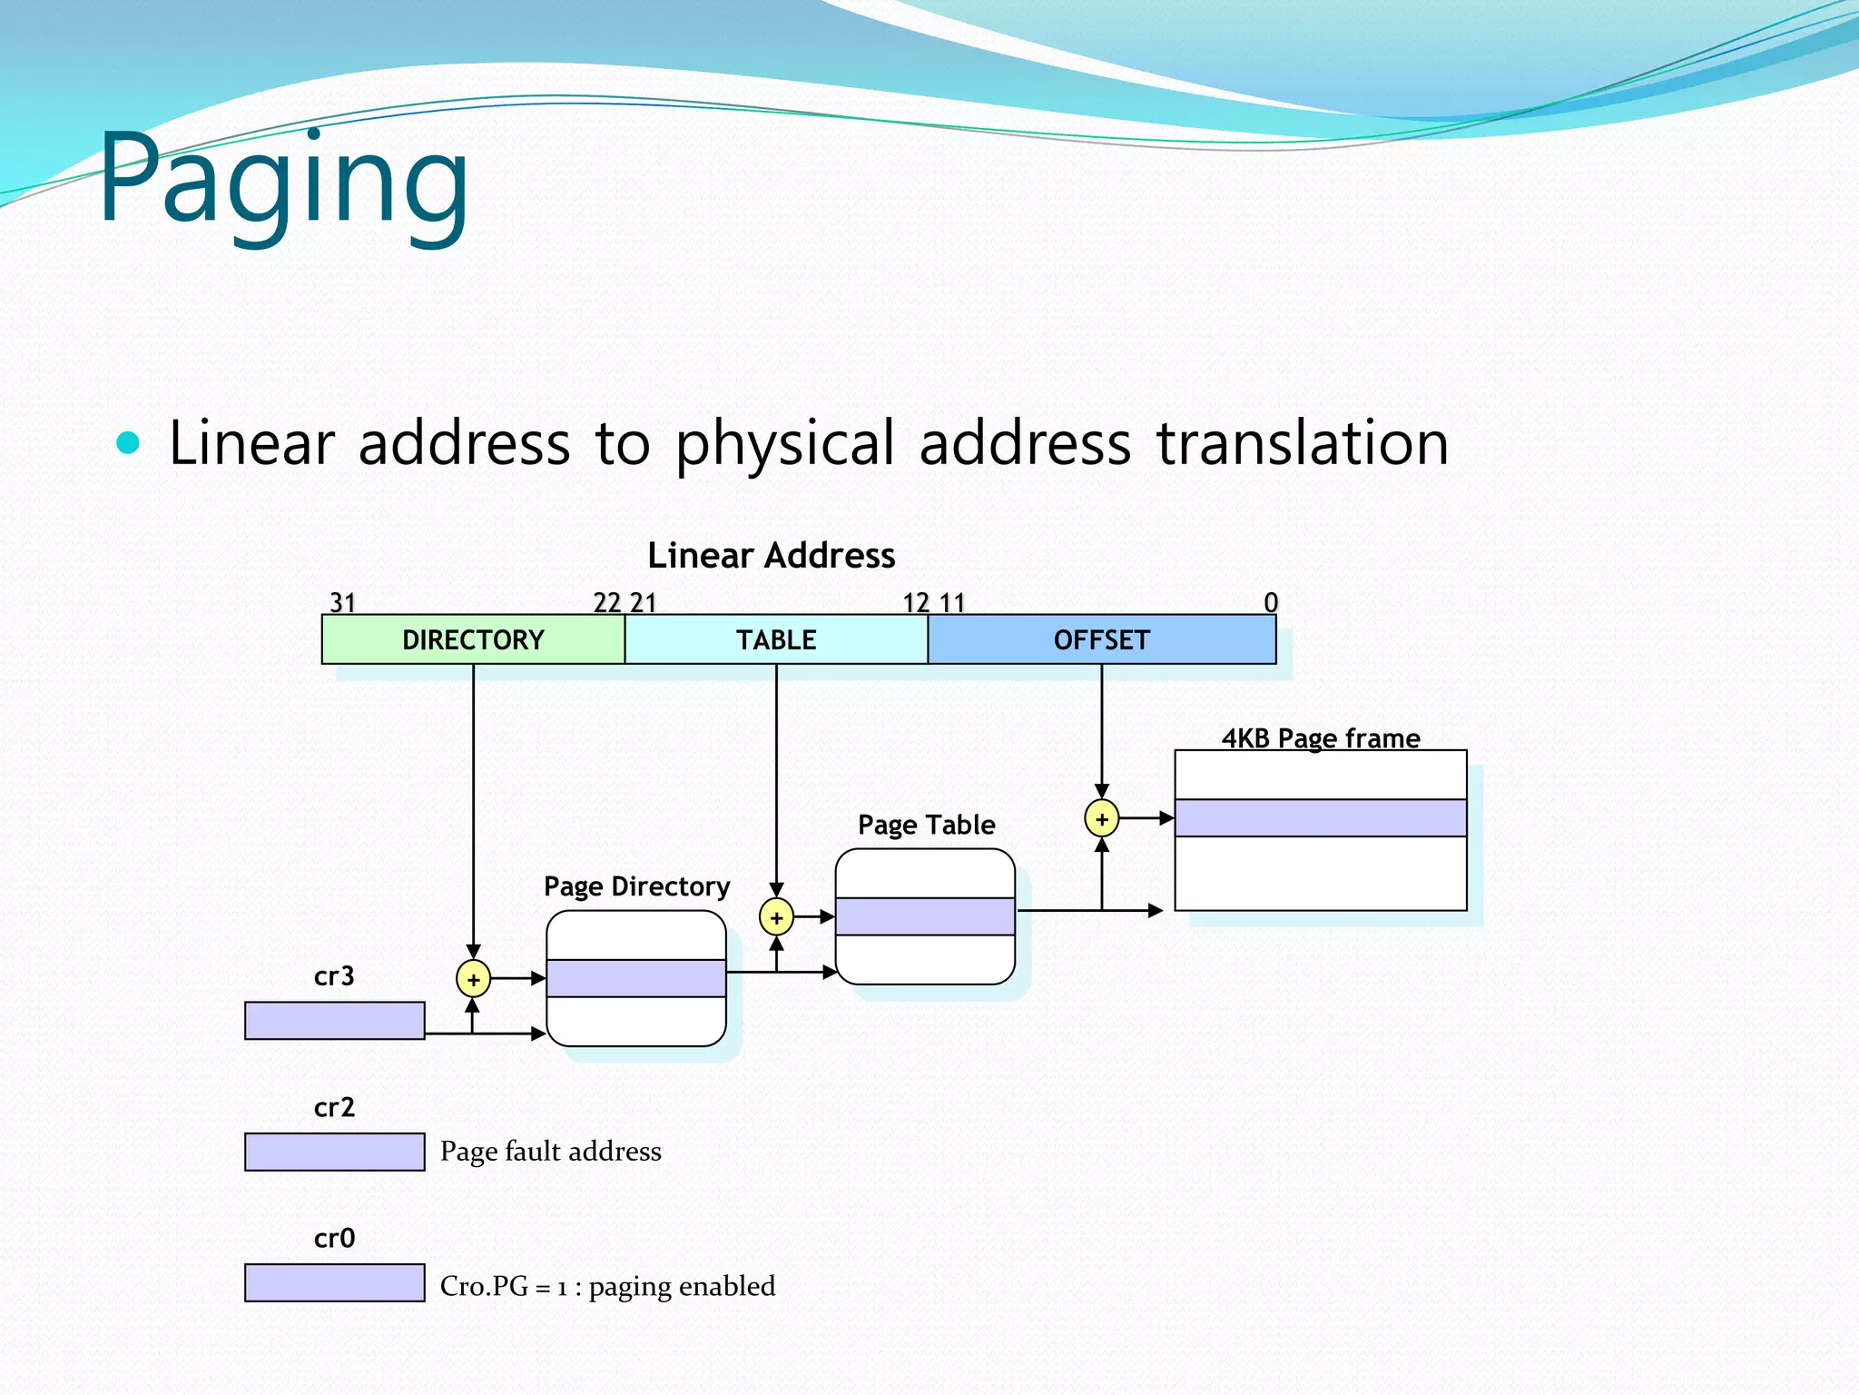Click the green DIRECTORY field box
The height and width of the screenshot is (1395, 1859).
click(473, 639)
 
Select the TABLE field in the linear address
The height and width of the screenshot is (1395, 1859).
click(776, 639)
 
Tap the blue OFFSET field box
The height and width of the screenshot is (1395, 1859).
click(1101, 639)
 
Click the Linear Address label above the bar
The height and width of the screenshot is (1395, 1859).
click(771, 555)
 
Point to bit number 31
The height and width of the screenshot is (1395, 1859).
click(342, 602)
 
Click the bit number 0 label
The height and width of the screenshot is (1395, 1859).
click(1270, 602)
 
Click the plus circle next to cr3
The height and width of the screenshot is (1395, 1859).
click(473, 979)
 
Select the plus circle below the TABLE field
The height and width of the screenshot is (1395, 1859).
click(776, 917)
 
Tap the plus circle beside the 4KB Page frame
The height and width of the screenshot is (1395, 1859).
click(1101, 818)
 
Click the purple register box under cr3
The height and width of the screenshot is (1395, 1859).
click(334, 1021)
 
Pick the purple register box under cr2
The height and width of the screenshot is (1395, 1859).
click(334, 1152)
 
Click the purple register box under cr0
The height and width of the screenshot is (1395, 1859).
click(334, 1282)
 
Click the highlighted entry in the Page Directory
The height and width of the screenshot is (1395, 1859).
click(635, 978)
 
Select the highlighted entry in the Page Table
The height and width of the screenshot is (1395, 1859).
click(924, 916)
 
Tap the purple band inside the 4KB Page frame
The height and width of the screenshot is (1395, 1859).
click(1320, 817)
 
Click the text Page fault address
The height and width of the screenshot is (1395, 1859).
click(550, 1152)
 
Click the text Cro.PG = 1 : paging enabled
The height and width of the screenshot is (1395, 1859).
click(607, 1286)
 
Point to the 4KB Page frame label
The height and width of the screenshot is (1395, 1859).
click(1320, 737)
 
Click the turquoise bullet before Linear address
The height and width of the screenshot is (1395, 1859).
click(129, 443)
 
